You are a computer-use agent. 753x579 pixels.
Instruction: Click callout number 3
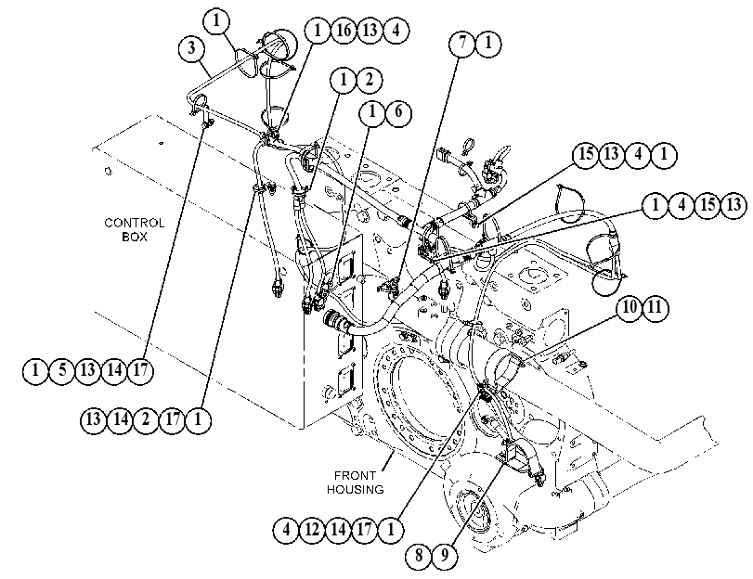point(191,48)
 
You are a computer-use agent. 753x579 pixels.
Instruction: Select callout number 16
point(344,31)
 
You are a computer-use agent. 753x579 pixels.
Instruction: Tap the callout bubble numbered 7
point(462,44)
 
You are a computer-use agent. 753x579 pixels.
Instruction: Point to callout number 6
point(398,113)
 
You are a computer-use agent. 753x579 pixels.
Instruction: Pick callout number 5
point(62,370)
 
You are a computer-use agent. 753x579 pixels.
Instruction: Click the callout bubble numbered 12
point(312,530)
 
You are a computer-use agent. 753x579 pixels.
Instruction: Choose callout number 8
point(419,556)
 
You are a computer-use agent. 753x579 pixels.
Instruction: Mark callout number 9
point(445,556)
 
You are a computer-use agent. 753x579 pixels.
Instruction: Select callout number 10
point(630,307)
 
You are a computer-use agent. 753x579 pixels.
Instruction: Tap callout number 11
point(656,307)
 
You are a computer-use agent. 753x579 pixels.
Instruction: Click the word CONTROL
point(135,224)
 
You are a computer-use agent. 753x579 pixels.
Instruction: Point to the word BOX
point(135,237)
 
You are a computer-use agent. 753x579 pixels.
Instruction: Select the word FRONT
point(355,476)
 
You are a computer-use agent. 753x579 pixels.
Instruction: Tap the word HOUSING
point(356,490)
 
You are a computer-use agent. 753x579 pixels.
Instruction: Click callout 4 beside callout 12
point(286,530)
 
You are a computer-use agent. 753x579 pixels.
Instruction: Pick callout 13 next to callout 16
point(370,31)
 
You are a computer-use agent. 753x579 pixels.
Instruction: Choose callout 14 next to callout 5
point(114,370)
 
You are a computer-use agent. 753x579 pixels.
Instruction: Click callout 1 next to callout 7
point(487,44)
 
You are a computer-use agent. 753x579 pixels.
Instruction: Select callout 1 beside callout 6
point(372,113)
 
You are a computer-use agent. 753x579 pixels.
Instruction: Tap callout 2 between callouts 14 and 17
point(146,420)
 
